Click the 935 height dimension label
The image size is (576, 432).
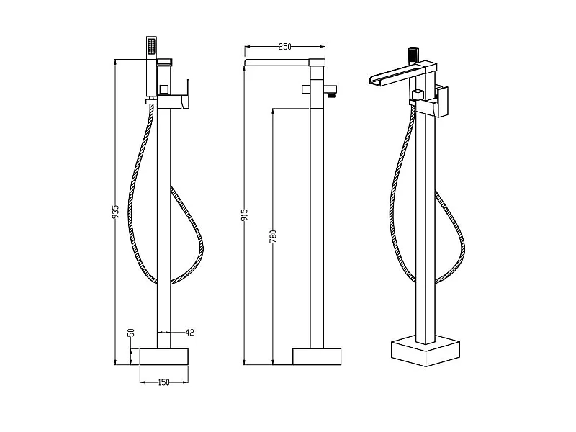115,212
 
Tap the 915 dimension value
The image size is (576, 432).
245,215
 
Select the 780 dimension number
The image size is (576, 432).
273,237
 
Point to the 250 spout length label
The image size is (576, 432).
284,46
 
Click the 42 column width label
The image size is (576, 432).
189,333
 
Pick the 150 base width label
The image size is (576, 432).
163,382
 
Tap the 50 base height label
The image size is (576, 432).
131,333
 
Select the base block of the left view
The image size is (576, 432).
164,356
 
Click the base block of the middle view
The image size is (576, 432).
317,356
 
